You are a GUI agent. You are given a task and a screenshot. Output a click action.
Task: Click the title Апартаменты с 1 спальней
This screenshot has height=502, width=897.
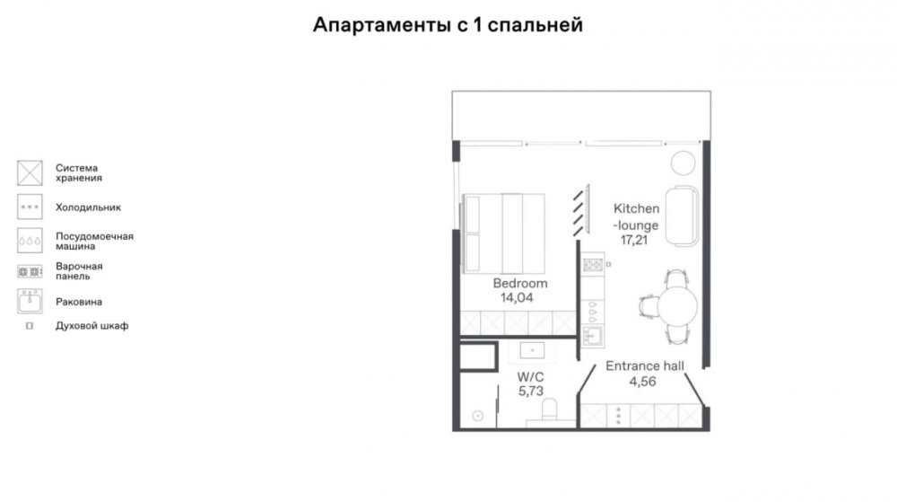click(x=448, y=25)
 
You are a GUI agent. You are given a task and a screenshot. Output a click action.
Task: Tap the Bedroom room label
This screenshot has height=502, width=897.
click(x=520, y=284)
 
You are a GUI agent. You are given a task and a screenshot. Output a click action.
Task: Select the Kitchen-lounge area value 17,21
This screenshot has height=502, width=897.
click(x=634, y=240)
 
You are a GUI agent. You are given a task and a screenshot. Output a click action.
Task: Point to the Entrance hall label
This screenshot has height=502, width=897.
click(x=645, y=365)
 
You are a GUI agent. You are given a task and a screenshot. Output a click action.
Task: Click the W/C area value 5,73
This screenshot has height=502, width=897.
click(x=531, y=392)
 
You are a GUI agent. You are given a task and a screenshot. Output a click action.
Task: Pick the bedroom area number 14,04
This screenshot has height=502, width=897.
click(x=517, y=297)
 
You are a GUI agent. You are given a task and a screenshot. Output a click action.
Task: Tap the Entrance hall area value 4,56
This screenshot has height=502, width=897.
click(x=642, y=382)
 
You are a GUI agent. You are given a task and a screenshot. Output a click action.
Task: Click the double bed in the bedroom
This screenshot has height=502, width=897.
click(x=503, y=233)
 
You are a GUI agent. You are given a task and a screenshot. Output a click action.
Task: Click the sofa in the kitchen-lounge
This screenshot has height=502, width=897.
click(x=683, y=216)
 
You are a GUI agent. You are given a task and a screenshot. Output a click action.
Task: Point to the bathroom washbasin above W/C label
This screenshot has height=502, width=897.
click(x=532, y=350)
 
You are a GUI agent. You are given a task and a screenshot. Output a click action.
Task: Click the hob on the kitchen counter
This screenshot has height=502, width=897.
click(x=593, y=264)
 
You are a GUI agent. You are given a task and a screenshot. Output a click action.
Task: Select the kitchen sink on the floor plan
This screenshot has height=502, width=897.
click(x=593, y=336)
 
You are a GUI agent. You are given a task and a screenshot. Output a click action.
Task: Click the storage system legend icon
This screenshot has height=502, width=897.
click(x=30, y=172)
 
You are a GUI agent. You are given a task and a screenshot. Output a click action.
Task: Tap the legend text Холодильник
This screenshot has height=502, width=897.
click(x=88, y=207)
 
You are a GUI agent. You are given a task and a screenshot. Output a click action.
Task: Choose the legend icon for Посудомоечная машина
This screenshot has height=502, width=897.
click(x=30, y=241)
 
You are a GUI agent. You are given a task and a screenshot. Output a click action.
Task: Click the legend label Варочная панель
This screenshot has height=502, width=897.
click(x=79, y=271)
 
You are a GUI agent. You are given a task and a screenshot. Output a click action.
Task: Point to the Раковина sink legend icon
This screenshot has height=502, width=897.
click(x=30, y=302)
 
